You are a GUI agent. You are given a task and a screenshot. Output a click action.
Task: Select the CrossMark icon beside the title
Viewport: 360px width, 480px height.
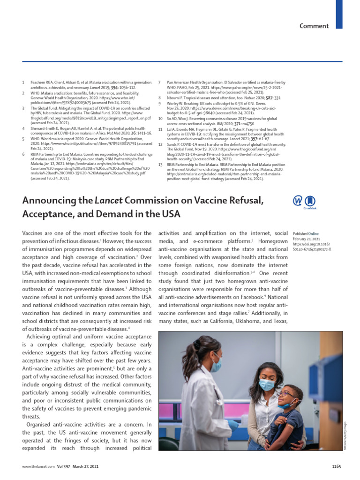303,202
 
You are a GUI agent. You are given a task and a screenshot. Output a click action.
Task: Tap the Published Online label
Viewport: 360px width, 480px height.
306,233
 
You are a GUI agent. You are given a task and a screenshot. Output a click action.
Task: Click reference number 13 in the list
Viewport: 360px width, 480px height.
160,165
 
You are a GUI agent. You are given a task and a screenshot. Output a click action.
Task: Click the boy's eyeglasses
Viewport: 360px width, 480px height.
285,393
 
